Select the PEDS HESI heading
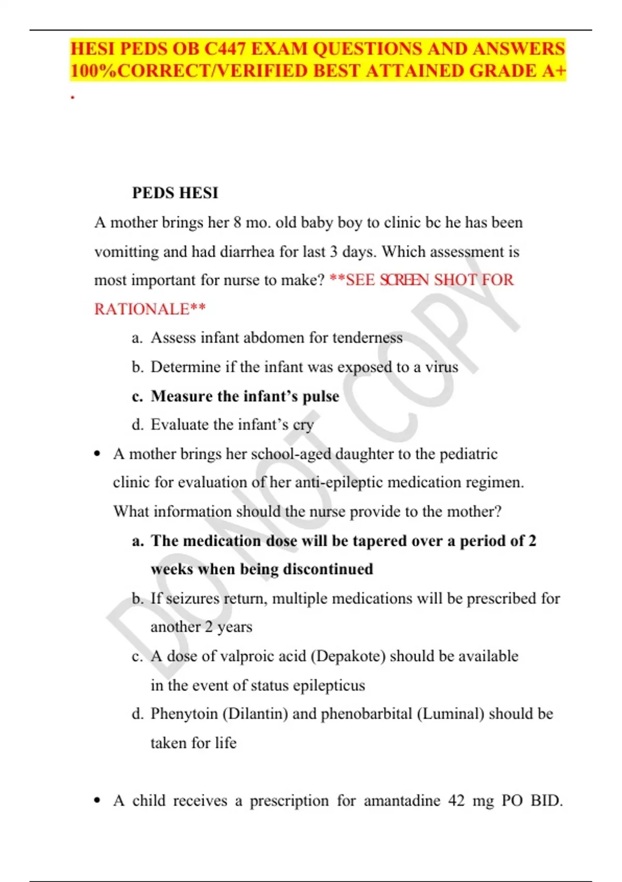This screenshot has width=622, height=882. click(175, 193)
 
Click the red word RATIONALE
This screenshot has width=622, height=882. click(142, 309)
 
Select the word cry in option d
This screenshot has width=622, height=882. click(303, 425)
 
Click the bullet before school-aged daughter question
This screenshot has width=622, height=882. click(97, 454)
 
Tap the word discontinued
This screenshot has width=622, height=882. click(328, 569)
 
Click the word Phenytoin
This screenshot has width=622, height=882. click(184, 714)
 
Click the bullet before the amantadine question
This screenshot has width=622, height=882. click(97, 801)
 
